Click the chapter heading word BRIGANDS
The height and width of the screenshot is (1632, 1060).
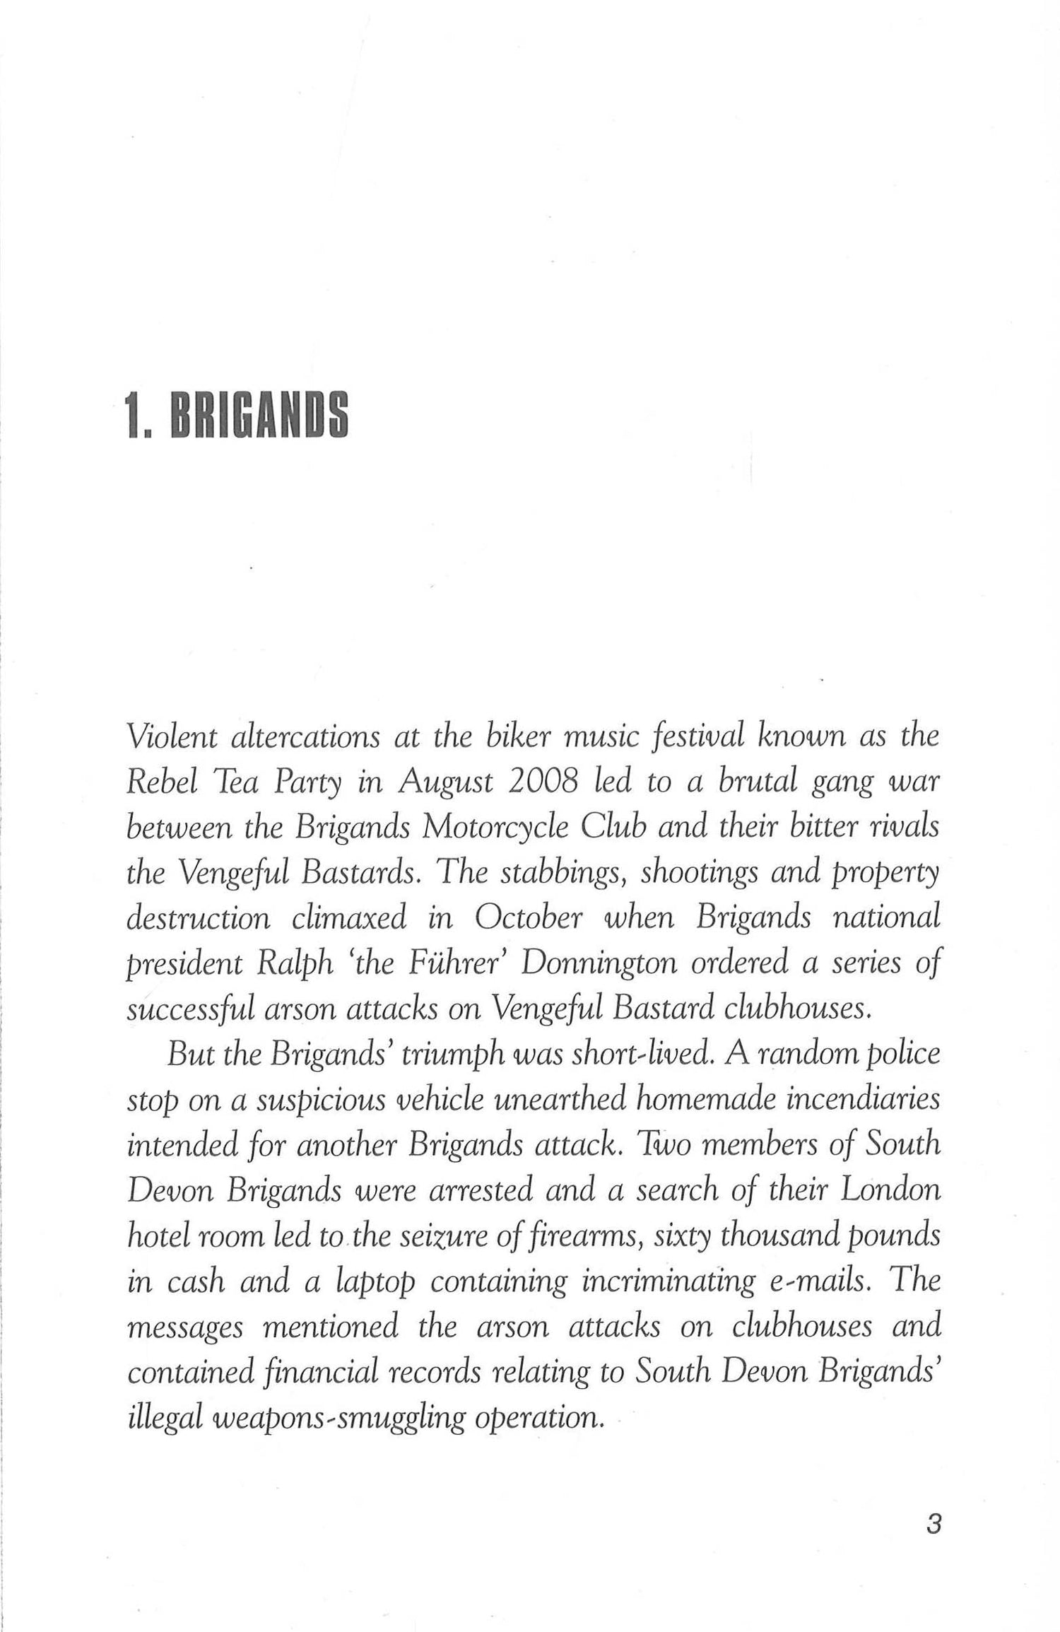(259, 416)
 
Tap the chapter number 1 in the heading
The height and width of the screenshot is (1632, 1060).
(132, 416)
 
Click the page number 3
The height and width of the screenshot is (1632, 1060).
(933, 1519)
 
